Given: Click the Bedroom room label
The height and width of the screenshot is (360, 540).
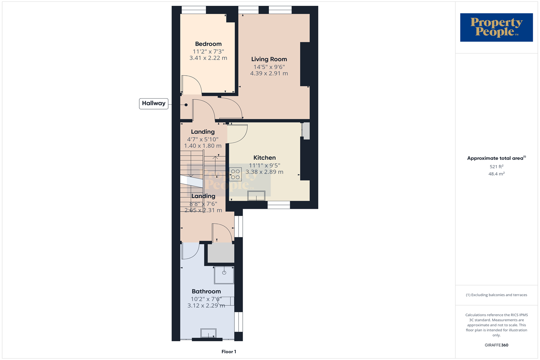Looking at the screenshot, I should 208,44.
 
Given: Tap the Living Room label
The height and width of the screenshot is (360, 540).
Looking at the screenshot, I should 269,59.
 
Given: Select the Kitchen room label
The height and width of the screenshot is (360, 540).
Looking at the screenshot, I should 265,158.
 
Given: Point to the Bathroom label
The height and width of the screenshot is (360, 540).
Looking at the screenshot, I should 206,291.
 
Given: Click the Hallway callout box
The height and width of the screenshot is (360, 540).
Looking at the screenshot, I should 154,103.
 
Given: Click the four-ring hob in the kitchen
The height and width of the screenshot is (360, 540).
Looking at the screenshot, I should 235,175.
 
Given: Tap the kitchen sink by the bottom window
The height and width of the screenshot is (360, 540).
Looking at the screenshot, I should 256,196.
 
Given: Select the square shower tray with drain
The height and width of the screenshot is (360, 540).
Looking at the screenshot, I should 224,275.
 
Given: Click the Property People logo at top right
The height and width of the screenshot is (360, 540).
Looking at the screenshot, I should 496,27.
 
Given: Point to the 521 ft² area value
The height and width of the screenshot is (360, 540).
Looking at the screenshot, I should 496,167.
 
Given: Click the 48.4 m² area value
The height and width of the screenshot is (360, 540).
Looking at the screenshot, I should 496,174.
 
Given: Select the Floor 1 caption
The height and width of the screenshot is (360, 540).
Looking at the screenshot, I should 229,352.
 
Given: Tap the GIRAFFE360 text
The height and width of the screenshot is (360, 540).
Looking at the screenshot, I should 496,345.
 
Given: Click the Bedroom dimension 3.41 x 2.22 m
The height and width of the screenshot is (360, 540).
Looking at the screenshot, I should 208,58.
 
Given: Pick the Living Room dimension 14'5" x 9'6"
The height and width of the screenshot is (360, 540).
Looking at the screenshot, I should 269,67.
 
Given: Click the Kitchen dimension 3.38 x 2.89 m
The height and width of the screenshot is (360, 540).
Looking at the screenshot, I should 265,172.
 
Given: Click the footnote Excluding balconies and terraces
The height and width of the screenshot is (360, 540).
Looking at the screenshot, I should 496,295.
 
